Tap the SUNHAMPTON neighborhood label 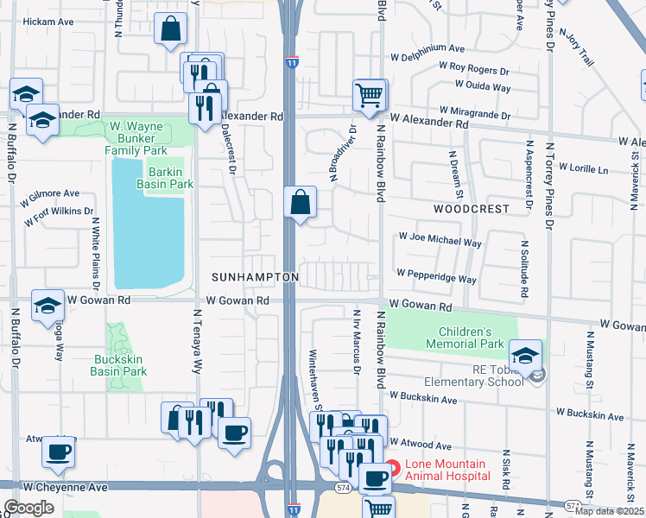(x=255, y=277)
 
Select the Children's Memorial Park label (x=465, y=338)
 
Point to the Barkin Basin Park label (x=169, y=178)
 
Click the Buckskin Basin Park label (x=118, y=365)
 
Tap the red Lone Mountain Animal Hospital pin (x=393, y=470)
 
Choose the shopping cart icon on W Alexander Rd (x=370, y=94)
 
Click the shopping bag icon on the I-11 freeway (x=300, y=203)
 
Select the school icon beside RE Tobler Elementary (x=524, y=354)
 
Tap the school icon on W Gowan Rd (x=47, y=305)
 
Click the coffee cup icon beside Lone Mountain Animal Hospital (x=374, y=477)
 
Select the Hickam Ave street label (x=48, y=22)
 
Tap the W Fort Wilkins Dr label (x=59, y=216)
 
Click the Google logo (x=28, y=508)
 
